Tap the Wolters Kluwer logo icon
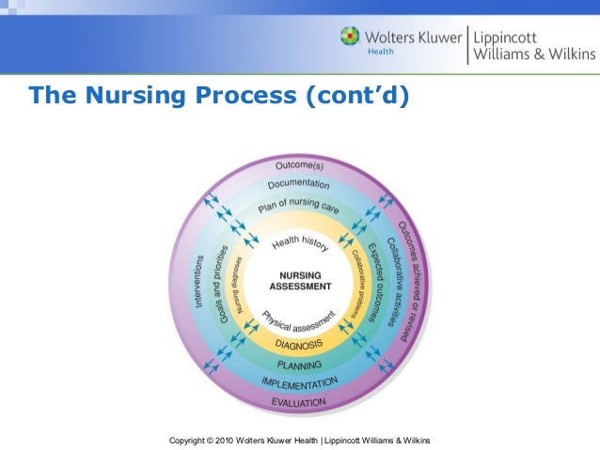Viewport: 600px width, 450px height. pyautogui.click(x=350, y=39)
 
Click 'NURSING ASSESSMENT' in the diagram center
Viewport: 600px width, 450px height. pyautogui.click(x=300, y=280)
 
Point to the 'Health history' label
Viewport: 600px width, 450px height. pyautogui.click(x=300, y=243)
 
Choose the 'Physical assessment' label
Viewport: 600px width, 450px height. pyautogui.click(x=298, y=320)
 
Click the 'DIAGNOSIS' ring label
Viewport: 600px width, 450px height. pyautogui.click(x=300, y=344)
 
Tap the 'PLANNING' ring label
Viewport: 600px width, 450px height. pyautogui.click(x=300, y=365)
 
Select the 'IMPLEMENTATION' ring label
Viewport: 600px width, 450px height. pyautogui.click(x=300, y=383)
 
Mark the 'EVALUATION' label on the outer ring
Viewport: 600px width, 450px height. pyautogui.click(x=300, y=402)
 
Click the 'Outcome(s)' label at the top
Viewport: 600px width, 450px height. pyautogui.click(x=300, y=166)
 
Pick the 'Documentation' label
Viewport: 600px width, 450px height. pyautogui.click(x=299, y=185)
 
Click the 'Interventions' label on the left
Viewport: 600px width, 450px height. pyautogui.click(x=199, y=280)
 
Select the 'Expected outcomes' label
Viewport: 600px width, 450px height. pyautogui.click(x=378, y=283)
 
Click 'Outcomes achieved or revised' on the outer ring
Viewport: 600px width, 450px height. pyautogui.click(x=411, y=282)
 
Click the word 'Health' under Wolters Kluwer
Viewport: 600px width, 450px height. pyautogui.click(x=379, y=52)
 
